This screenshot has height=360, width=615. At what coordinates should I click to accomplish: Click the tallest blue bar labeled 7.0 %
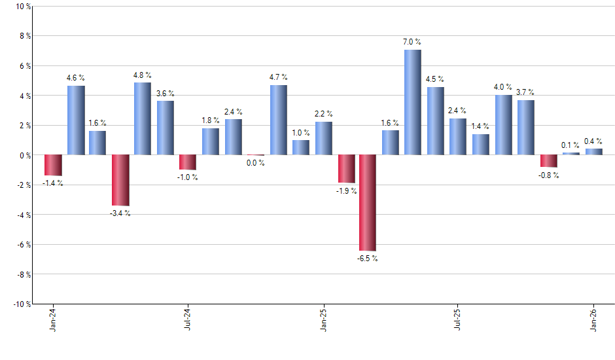click(412, 102)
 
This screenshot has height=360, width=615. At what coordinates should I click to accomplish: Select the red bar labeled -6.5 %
click(368, 202)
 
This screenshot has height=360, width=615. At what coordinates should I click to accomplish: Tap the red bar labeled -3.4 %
click(120, 180)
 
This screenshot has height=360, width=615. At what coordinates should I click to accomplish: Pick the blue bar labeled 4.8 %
click(143, 118)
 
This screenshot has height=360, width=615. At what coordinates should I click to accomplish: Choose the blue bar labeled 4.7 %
click(278, 120)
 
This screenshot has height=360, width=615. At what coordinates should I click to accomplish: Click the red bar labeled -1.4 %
click(53, 165)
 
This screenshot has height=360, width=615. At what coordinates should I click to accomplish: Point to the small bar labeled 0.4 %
click(593, 152)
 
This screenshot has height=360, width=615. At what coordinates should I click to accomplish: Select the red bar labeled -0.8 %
click(548, 161)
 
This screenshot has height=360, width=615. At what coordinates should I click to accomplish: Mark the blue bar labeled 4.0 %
click(503, 125)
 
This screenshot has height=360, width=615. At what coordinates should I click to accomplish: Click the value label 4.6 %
click(76, 79)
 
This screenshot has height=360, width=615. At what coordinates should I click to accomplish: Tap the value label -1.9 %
click(346, 191)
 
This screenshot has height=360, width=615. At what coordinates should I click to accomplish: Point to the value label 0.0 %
click(255, 163)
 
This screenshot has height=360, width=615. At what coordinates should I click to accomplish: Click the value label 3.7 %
click(525, 92)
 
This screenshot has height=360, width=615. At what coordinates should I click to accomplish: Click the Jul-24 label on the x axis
click(188, 320)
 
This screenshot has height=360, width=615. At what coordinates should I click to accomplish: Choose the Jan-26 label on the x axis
click(594, 320)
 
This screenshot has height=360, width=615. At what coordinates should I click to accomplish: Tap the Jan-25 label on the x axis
click(324, 320)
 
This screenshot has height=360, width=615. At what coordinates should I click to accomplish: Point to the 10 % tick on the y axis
click(23, 7)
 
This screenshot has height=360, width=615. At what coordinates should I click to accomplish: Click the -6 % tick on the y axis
click(23, 245)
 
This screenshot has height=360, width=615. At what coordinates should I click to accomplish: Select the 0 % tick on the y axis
click(25, 155)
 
